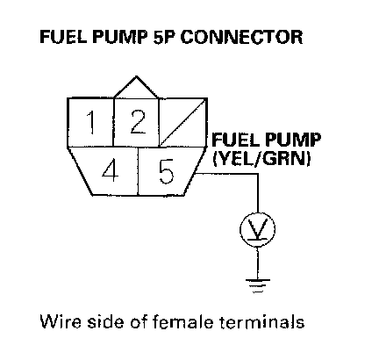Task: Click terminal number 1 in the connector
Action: click(90, 122)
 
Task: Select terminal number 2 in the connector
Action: click(136, 122)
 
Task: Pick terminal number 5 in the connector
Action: click(168, 171)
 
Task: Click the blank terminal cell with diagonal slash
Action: click(183, 122)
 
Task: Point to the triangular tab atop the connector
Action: click(136, 87)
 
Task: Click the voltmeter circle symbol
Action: click(257, 229)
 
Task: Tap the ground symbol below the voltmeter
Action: click(258, 285)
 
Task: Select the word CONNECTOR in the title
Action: click(241, 37)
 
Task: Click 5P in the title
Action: click(165, 37)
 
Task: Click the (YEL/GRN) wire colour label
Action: click(261, 159)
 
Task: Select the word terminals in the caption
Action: click(262, 321)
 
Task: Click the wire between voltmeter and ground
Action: click(258, 263)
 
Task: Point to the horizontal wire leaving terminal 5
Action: click(227, 174)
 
